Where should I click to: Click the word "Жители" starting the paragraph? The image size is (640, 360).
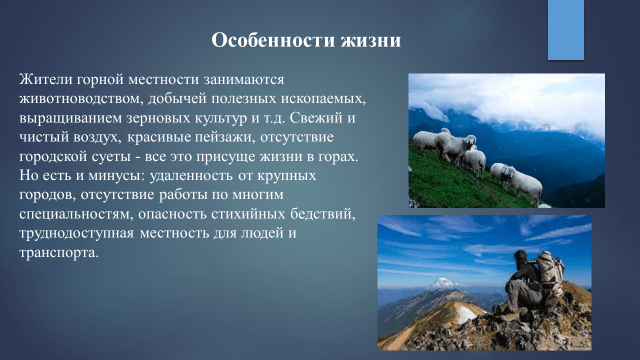click(x=44, y=79)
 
